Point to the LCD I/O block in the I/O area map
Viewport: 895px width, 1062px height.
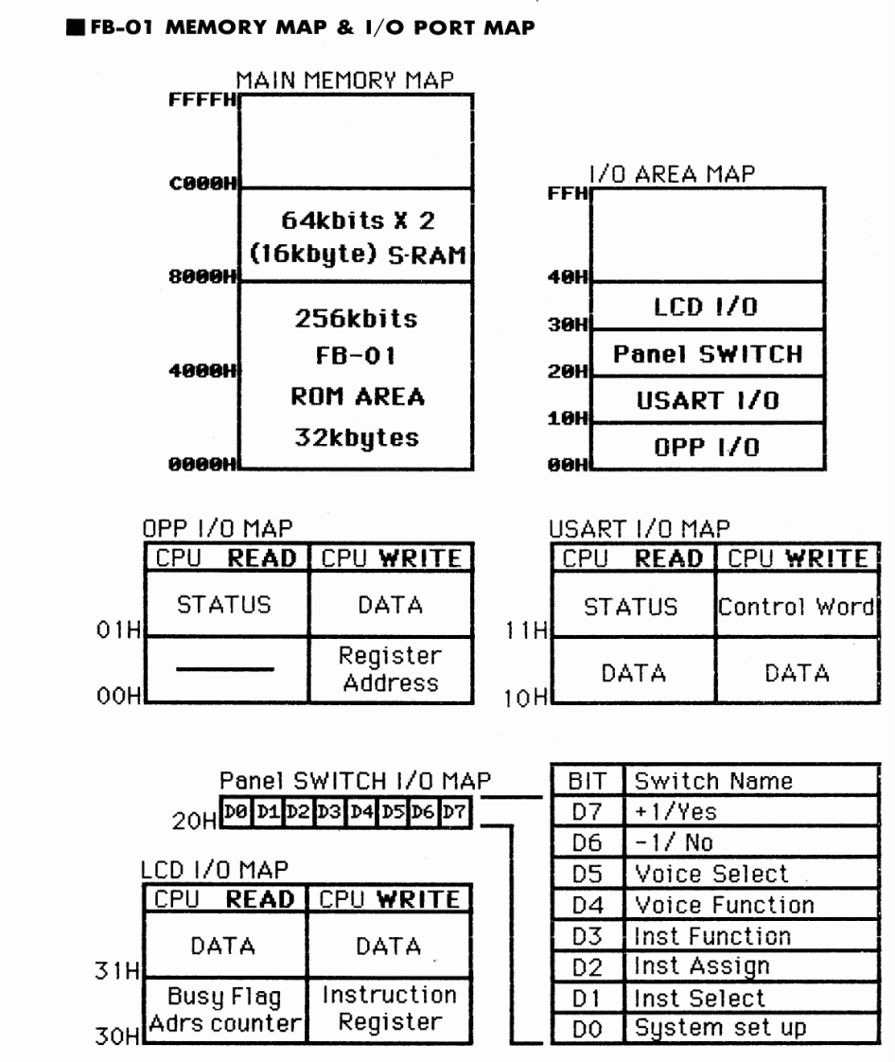click(x=708, y=305)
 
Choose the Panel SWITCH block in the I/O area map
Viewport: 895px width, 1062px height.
click(x=708, y=354)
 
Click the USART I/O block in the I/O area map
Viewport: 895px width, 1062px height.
click(x=708, y=401)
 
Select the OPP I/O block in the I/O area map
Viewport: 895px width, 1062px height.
click(x=708, y=448)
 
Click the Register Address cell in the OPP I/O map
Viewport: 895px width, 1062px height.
click(x=391, y=668)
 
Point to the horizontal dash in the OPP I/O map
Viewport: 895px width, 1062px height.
click(x=230, y=669)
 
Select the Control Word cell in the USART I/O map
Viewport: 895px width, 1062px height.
click(x=795, y=606)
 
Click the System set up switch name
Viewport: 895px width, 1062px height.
click(x=720, y=1028)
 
